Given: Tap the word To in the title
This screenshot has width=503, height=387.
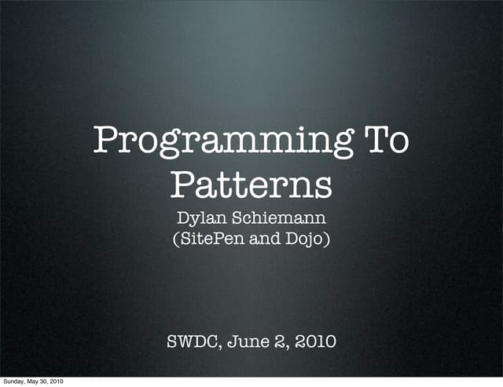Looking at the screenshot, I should (x=385, y=141).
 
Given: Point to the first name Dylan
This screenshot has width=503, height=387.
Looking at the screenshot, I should (x=201, y=217).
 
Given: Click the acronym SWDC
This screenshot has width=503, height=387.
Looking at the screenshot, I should (x=190, y=342).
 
